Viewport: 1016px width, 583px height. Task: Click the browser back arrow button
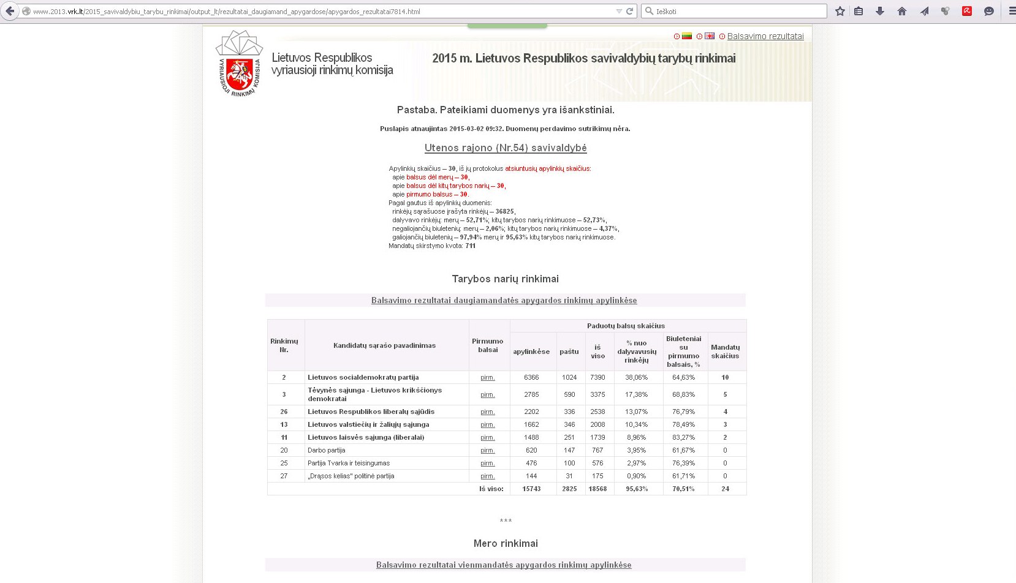[x=10, y=11]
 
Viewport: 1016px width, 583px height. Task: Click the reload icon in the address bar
[x=629, y=11]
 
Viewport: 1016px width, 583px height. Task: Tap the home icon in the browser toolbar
[x=901, y=11]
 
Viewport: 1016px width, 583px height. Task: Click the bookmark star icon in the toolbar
[x=840, y=11]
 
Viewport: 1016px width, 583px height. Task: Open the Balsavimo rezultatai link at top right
[x=765, y=36]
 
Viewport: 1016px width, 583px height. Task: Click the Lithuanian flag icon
[x=687, y=36]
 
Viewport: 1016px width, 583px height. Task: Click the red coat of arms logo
[x=240, y=74]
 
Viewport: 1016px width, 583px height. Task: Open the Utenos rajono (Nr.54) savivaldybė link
[x=506, y=148]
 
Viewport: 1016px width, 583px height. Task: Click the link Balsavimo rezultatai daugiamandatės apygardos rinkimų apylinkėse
[x=504, y=300]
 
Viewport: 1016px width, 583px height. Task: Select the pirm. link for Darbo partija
[x=487, y=450]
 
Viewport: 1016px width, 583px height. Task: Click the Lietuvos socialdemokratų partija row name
[x=363, y=377]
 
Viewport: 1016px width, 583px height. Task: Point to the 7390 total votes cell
[x=597, y=377]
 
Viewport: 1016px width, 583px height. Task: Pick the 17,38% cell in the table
[x=636, y=394]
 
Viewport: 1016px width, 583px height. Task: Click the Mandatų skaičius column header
[x=725, y=352]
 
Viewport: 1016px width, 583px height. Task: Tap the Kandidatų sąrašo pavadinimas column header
[x=384, y=345]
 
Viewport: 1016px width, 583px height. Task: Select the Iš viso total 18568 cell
[x=597, y=489]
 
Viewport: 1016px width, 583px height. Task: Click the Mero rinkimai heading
[x=506, y=543]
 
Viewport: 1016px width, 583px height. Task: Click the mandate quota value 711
[x=470, y=246]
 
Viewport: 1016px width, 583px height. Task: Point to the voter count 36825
[x=504, y=211]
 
